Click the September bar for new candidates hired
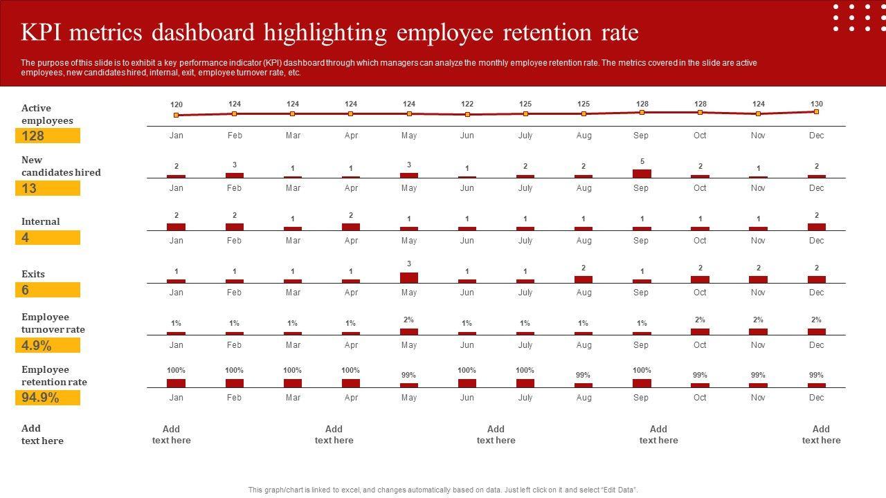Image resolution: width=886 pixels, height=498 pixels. tap(642, 174)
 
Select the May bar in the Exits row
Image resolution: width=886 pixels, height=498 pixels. tap(409, 277)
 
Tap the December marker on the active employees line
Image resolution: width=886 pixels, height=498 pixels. tap(816, 111)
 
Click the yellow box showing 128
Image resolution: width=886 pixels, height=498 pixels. tap(48, 136)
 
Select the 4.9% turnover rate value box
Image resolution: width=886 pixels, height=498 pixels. tap(48, 345)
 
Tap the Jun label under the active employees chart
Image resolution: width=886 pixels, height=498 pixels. tap(467, 136)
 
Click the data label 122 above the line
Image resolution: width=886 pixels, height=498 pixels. tap(467, 104)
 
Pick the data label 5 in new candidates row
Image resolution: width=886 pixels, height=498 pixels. tap(642, 161)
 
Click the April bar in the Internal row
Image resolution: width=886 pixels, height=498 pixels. tap(351, 226)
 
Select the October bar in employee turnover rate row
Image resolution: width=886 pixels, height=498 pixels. tap(700, 331)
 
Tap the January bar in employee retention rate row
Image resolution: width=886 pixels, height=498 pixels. tap(177, 382)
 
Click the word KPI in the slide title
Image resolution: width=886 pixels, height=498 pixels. tap(44, 33)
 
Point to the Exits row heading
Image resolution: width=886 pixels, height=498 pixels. tap(33, 274)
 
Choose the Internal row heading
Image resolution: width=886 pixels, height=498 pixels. tap(40, 221)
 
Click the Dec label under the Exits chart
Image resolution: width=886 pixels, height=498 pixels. tap(816, 293)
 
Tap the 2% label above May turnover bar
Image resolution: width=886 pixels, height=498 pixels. tap(409, 320)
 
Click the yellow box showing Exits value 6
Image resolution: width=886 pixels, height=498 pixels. tap(48, 290)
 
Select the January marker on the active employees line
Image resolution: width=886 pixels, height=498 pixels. tap(177, 115)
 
